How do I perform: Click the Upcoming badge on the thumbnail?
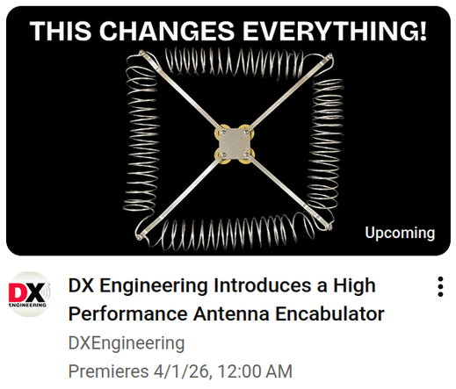point(400,233)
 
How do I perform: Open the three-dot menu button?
point(439,287)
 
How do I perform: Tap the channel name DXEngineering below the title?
point(127,342)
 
